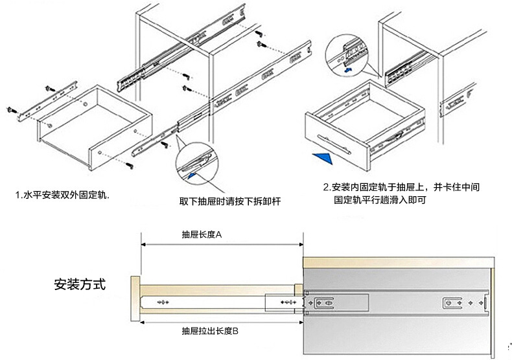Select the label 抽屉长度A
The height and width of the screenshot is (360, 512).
pos(202,235)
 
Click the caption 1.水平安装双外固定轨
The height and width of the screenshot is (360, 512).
pos(63,194)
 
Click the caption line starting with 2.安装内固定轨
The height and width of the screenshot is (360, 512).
pos(402,187)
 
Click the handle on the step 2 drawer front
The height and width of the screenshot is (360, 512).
pos(334,142)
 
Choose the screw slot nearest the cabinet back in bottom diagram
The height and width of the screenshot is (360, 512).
pos(452,302)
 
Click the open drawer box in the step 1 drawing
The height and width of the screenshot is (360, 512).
pos(91,129)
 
